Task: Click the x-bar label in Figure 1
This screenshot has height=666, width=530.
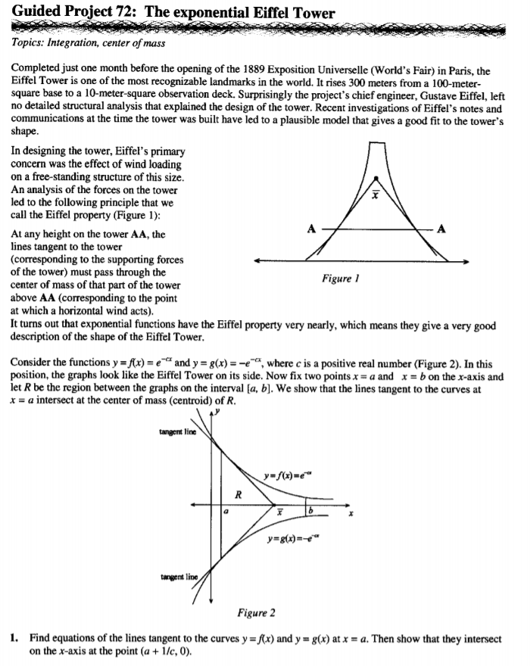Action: [373, 192]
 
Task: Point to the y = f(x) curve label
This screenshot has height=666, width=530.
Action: [291, 475]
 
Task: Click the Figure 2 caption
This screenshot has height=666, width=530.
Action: [256, 612]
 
